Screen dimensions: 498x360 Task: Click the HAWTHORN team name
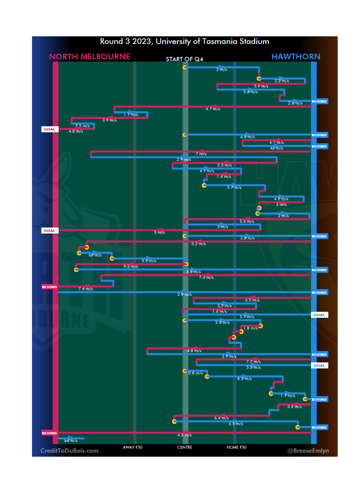[296, 57]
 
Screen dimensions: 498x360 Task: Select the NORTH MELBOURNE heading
[89, 57]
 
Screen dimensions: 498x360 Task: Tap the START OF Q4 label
[184, 59]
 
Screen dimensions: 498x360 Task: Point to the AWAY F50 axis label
[132, 447]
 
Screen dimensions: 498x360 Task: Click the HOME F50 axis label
[236, 447]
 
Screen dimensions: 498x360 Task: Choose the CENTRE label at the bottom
[185, 447]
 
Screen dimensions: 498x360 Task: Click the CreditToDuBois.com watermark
[69, 451]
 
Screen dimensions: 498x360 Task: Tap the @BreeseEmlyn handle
[308, 451]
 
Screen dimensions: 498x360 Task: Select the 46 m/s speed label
[276, 148]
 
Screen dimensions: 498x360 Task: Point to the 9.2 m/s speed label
[131, 266]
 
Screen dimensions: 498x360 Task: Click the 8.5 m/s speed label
[244, 379]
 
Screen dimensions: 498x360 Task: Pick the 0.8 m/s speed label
[195, 373]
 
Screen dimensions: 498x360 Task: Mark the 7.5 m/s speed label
[82, 126]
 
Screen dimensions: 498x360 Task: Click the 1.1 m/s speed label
[131, 115]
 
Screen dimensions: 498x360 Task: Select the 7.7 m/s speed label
[253, 362]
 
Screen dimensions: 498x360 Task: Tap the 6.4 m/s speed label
[221, 418]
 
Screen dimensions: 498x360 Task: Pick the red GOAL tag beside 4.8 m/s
[50, 130]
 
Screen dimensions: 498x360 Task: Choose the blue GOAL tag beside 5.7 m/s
[319, 315]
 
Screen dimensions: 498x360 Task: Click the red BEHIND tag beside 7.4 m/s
[49, 287]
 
